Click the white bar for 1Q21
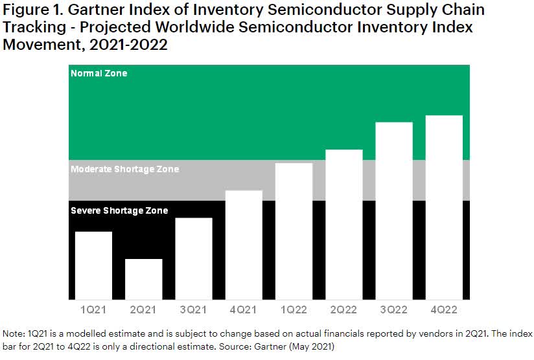[93, 265]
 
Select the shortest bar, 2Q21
[143, 279]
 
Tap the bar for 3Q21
[194, 258]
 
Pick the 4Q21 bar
[244, 245]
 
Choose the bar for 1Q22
[294, 231]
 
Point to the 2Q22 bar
[344, 224]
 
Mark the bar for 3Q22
[394, 210]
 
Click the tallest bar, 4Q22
[444, 207]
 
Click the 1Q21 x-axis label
[93, 309]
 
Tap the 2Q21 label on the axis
[143, 309]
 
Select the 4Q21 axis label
[244, 309]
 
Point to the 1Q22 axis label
[294, 309]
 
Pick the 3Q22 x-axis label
[394, 309]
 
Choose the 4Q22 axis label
[444, 309]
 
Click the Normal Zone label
[99, 73]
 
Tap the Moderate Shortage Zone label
[124, 169]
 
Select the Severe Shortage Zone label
[119, 210]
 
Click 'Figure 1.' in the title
[32, 11]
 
